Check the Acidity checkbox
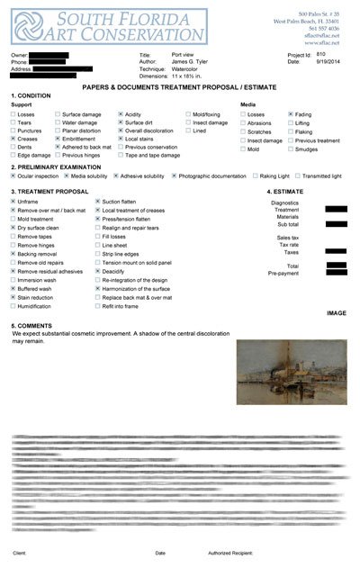(x=121, y=115)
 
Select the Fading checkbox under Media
(x=290, y=115)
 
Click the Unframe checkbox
(x=13, y=202)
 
